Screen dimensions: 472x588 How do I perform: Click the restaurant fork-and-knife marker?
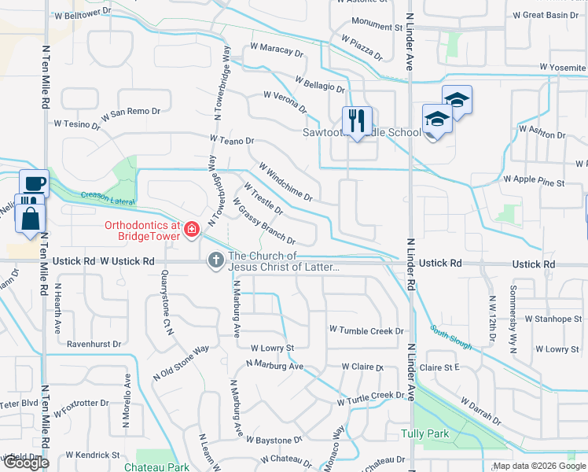pyautogui.click(x=356, y=120)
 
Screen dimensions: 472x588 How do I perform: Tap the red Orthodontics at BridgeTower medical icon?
pyautogui.click(x=192, y=230)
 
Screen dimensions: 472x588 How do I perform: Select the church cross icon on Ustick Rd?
pyautogui.click(x=216, y=260)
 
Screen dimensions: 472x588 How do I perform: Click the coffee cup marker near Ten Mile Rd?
pyautogui.click(x=33, y=183)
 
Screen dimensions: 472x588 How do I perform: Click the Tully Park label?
pyautogui.click(x=424, y=433)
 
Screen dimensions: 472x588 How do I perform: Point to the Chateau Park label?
pyautogui.click(x=156, y=466)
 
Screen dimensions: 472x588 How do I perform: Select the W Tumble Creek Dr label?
pyautogui.click(x=366, y=330)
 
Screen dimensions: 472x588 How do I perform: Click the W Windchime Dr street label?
pyautogui.click(x=286, y=181)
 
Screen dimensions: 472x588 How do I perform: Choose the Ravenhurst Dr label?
pyautogui.click(x=94, y=344)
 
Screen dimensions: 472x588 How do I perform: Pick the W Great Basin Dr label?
pyautogui.click(x=550, y=15)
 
